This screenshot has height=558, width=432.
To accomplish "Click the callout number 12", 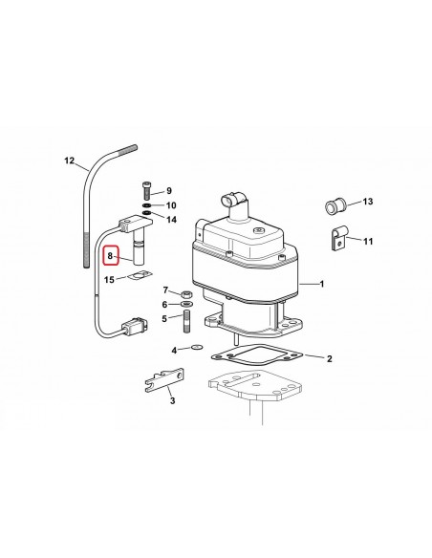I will coord(67,160).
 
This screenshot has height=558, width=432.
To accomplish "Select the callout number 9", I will coord(168,191).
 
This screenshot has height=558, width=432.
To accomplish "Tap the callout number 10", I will coord(171,205).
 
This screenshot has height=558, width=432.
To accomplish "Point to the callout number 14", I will coord(171,220).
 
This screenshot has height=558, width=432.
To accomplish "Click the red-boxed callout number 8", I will coord(111,256).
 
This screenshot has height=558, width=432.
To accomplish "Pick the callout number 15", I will coord(110,279).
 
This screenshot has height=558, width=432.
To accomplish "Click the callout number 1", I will coord(321,284).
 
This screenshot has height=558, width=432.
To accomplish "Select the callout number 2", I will coord(329,359).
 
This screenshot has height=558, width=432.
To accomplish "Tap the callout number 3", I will coord(172,402).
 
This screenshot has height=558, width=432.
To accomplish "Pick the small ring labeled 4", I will coord(196,348).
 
